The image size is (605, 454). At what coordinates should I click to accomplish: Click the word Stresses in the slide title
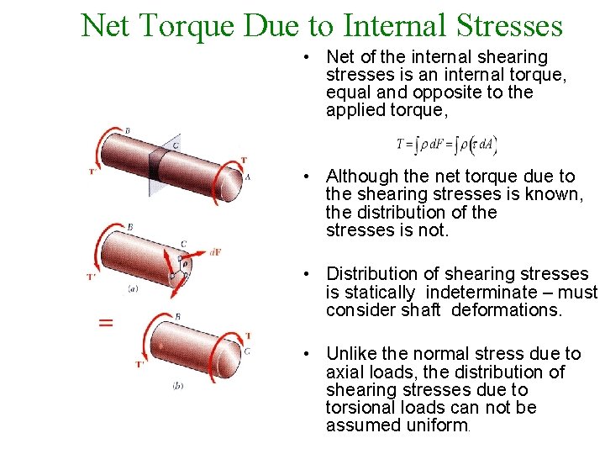pyautogui.click(x=509, y=25)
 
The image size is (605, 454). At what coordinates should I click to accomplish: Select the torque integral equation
pyautogui.click(x=448, y=144)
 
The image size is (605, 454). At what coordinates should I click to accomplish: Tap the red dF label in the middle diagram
pyautogui.click(x=215, y=252)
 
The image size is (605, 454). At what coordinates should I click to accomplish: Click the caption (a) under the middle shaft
pyautogui.click(x=133, y=289)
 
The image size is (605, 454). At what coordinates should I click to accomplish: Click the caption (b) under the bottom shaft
pyautogui.click(x=177, y=386)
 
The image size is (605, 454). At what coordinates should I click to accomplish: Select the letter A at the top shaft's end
pyautogui.click(x=247, y=177)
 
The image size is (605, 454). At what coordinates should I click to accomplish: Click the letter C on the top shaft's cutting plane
pyautogui.click(x=176, y=145)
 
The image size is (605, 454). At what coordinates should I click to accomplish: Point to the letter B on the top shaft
pyautogui.click(x=127, y=131)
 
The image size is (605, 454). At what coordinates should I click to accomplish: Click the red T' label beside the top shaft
pyautogui.click(x=92, y=172)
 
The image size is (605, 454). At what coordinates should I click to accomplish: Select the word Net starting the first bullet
pyautogui.click(x=340, y=57)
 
